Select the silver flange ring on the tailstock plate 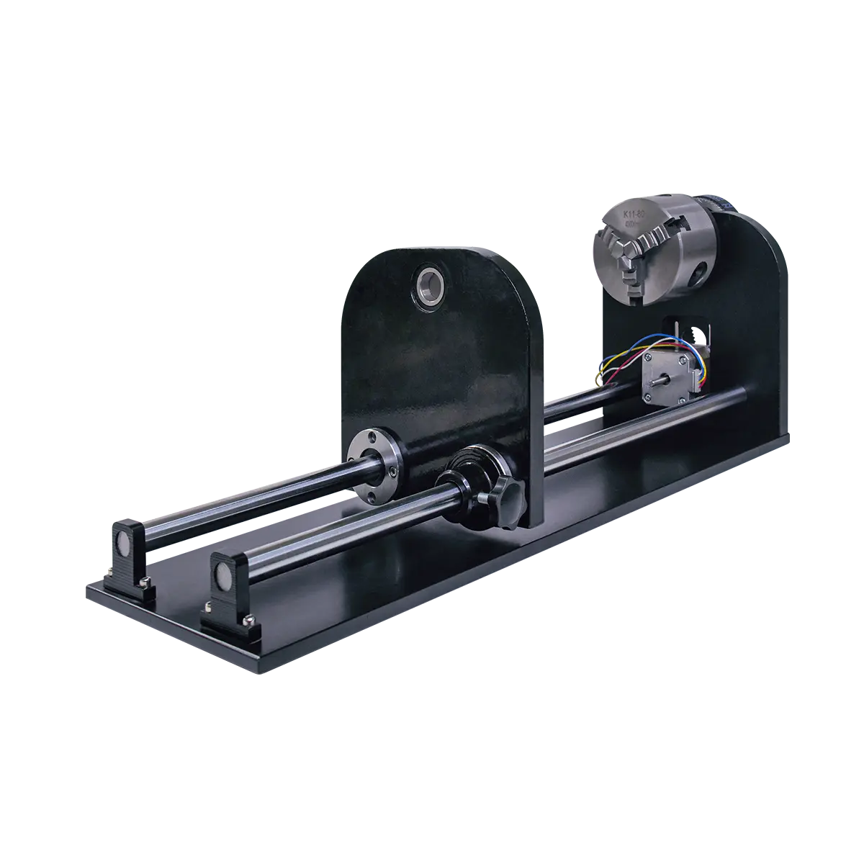[x=375, y=459]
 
